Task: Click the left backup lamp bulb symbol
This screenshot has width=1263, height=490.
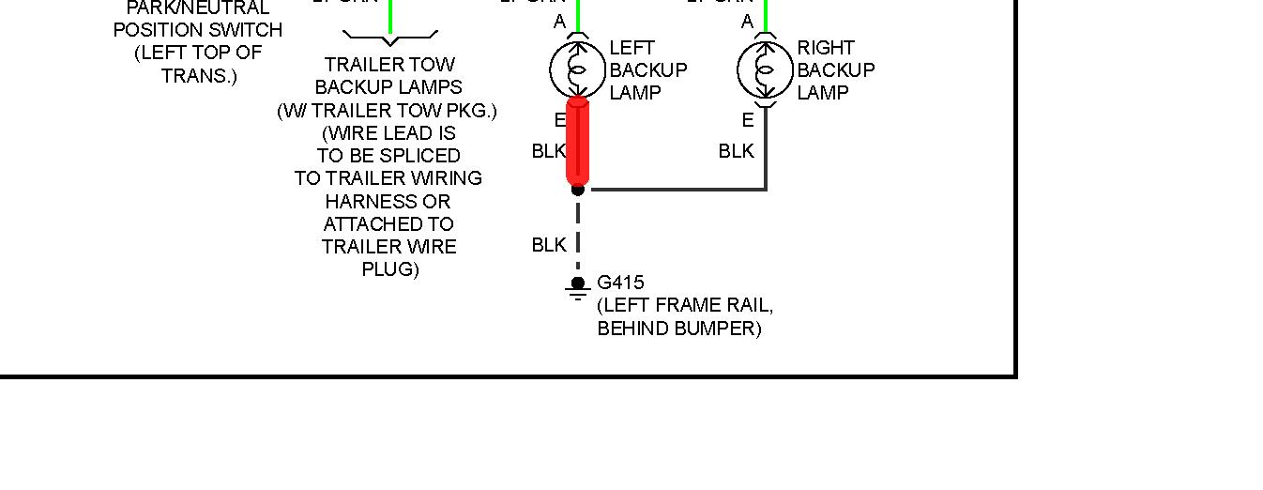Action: coord(577,69)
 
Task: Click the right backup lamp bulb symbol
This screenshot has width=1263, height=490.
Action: coord(766,69)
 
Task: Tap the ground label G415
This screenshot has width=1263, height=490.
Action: coord(620,283)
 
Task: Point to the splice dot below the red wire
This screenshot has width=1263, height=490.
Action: coord(578,190)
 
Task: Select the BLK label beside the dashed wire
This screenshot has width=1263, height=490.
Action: coord(549,245)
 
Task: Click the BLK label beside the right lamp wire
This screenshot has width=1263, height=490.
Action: coord(737,151)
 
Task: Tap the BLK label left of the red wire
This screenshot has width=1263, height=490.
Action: coord(549,151)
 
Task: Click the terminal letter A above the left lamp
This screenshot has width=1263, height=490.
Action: coord(560,22)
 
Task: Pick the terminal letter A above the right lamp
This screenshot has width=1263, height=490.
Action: coord(748,22)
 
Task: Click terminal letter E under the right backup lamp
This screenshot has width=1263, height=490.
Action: coord(748,120)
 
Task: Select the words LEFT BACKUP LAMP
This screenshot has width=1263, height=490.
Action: coord(648,70)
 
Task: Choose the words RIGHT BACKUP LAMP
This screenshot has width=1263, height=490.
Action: coord(836,70)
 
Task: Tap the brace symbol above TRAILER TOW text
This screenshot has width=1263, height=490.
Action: coord(390,38)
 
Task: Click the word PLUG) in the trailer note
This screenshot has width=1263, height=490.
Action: coord(390,269)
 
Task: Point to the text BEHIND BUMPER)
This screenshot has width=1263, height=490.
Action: coord(679,329)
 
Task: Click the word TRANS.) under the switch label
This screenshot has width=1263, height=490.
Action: coord(199,76)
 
